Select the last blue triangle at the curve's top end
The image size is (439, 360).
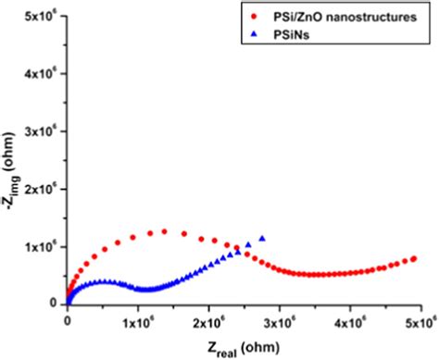coord(263,239)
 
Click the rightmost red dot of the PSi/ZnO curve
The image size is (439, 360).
coord(414,259)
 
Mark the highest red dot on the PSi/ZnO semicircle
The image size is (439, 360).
coord(164,231)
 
